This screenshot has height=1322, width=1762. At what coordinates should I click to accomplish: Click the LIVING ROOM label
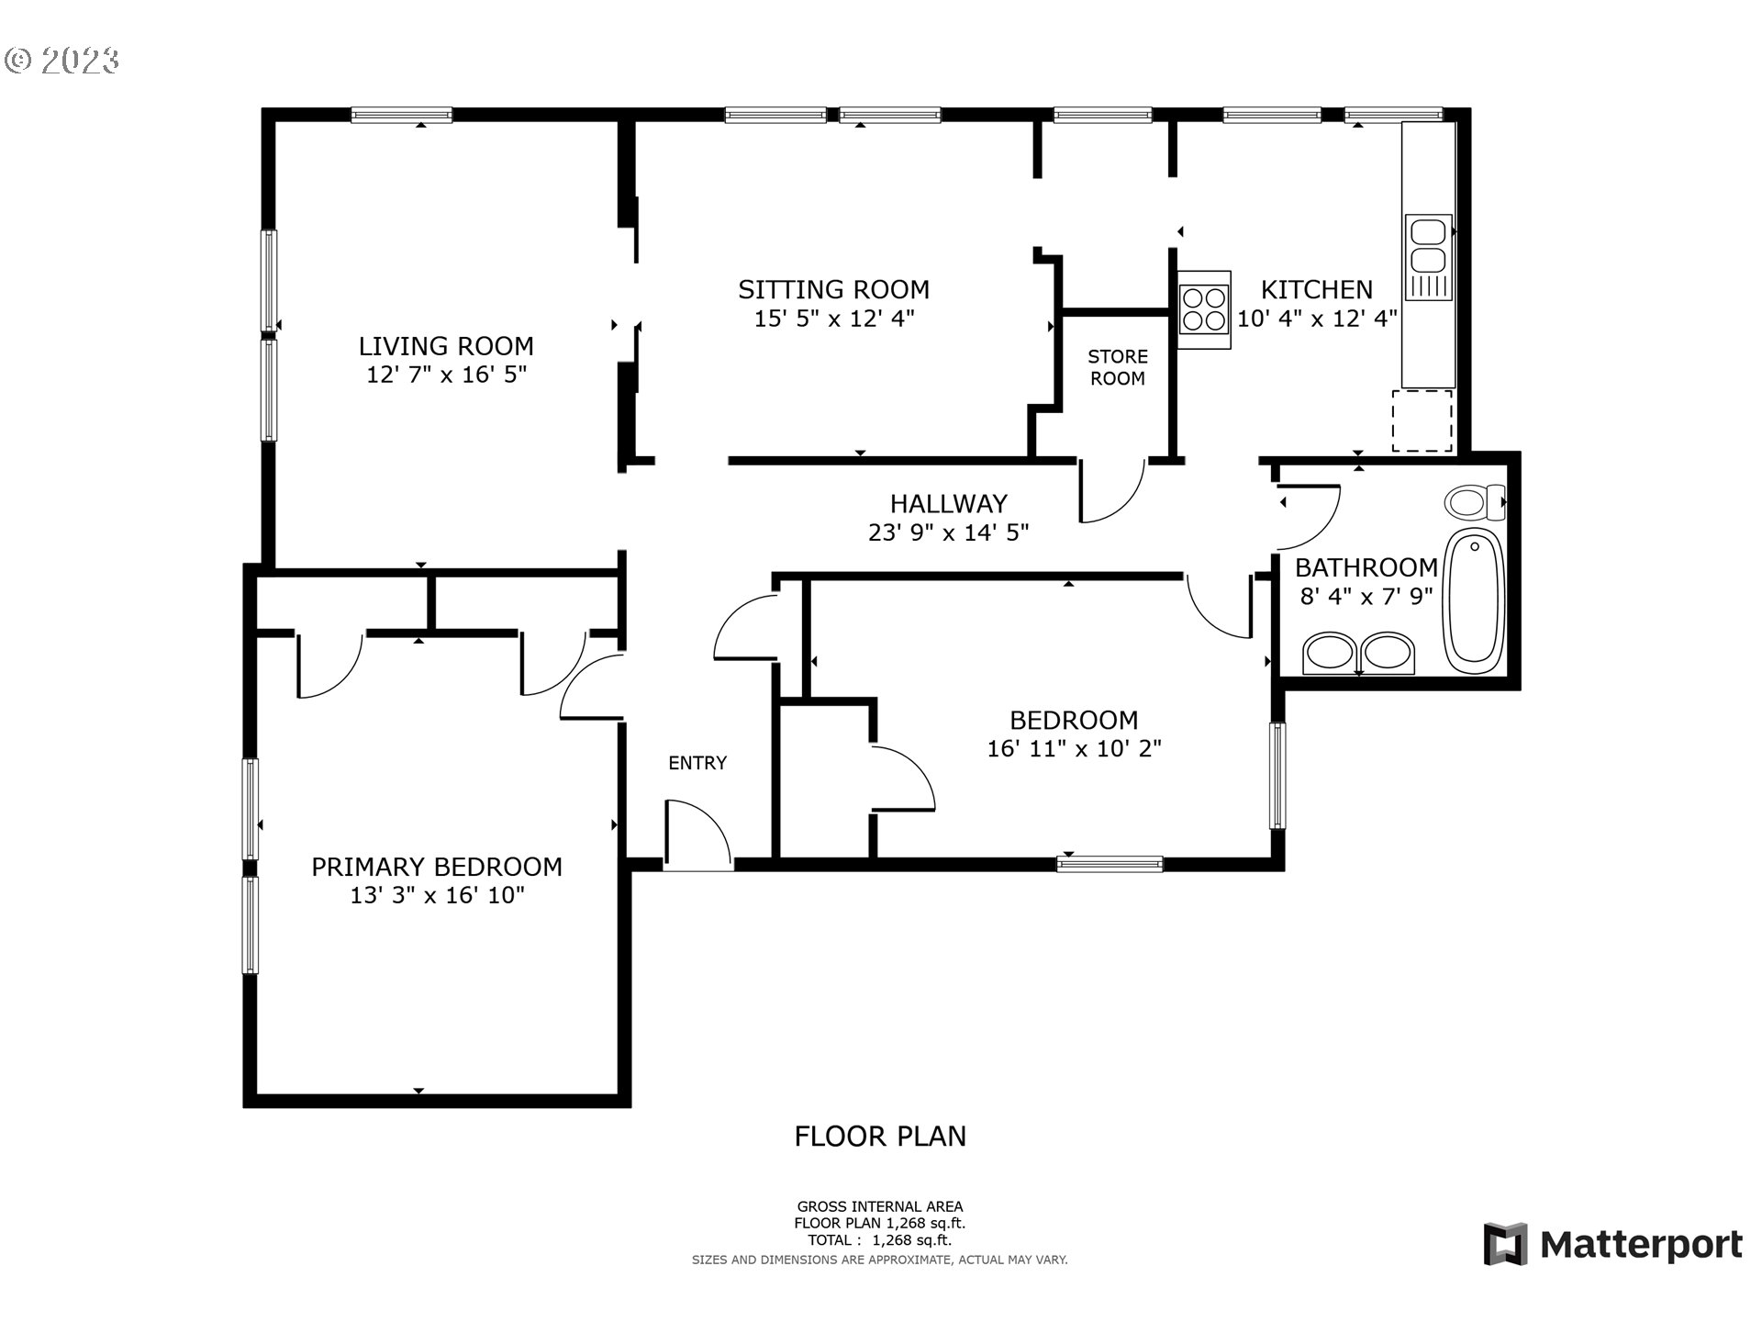pos(446,346)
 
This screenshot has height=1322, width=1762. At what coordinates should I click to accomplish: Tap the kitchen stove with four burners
pos(1204,309)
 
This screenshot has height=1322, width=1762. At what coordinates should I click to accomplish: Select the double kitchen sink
pos(1428,257)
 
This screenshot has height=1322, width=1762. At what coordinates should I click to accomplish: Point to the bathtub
pos(1474,601)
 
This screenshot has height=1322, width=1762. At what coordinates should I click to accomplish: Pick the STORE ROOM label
pos(1117,367)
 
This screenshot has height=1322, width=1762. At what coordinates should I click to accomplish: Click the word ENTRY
pos(697,763)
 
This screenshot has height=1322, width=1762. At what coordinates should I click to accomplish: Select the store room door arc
pos(1112,490)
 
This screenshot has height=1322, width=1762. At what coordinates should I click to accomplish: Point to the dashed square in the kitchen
pos(1422,420)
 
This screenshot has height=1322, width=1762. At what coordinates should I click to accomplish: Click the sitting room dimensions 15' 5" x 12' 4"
pos(833,319)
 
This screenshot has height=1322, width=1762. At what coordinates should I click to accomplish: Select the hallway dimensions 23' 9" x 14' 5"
pos(948,532)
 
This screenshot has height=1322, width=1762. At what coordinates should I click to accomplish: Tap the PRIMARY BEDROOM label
pos(437,867)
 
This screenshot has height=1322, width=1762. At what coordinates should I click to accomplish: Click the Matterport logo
pos(1612,1245)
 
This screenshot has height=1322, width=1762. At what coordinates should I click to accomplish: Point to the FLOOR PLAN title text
pos(879,1137)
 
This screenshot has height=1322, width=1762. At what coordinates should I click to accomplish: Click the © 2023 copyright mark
pos(62,61)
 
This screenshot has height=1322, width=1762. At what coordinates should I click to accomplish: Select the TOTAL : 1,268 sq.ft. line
pos(879,1240)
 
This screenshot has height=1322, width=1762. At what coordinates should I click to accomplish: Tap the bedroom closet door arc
pos(904,778)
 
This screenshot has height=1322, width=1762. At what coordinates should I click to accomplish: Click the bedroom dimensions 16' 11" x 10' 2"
pos(1074,749)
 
